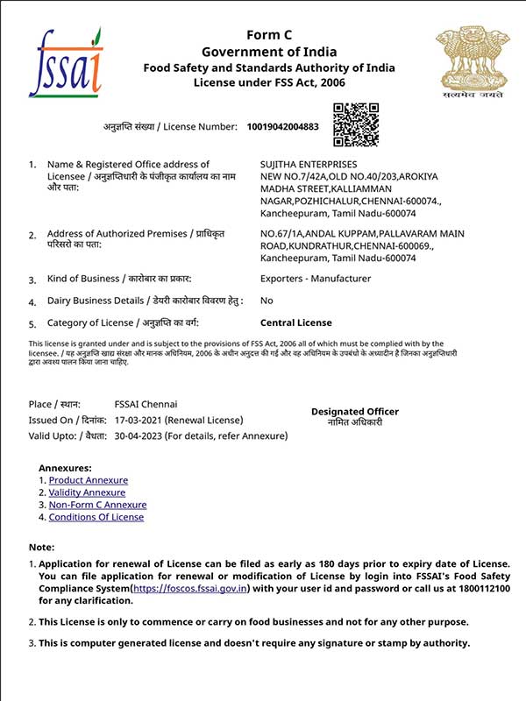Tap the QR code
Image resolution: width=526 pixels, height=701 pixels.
(x=356, y=124)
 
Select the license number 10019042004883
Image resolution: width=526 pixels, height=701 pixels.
(x=283, y=127)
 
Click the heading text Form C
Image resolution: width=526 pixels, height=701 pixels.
(x=269, y=35)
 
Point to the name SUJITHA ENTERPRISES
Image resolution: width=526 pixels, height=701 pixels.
(x=309, y=164)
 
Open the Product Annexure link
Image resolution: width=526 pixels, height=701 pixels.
(x=88, y=480)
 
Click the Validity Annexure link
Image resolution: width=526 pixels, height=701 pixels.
(x=87, y=492)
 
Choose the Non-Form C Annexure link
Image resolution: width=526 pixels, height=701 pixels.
(x=97, y=505)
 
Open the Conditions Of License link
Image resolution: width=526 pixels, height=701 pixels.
(x=96, y=517)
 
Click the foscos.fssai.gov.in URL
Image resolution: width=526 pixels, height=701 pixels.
(x=190, y=588)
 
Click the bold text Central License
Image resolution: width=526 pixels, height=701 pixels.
(x=296, y=322)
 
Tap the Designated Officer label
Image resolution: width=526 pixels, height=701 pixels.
(x=354, y=411)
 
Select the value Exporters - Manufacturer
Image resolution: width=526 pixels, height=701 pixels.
(x=316, y=279)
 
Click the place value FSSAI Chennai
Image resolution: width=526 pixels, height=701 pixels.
(x=146, y=404)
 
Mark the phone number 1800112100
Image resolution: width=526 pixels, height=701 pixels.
(x=480, y=588)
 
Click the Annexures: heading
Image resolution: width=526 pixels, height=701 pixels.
(x=65, y=468)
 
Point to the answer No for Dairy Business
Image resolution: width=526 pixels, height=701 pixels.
(x=267, y=301)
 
